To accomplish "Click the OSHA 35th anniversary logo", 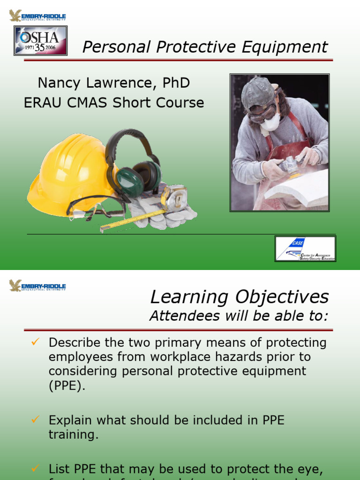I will [x=41, y=40].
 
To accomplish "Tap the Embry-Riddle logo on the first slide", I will [x=37, y=16].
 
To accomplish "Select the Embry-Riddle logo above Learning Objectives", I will [x=37, y=285].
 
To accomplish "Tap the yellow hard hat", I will [x=66, y=173].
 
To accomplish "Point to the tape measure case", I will [x=173, y=197].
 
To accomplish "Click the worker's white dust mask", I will [x=270, y=123].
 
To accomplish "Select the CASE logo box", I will [x=305, y=248].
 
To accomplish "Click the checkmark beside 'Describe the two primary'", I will [x=34, y=343].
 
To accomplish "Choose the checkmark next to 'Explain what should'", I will [x=34, y=420].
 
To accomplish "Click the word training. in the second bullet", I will [x=74, y=435].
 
